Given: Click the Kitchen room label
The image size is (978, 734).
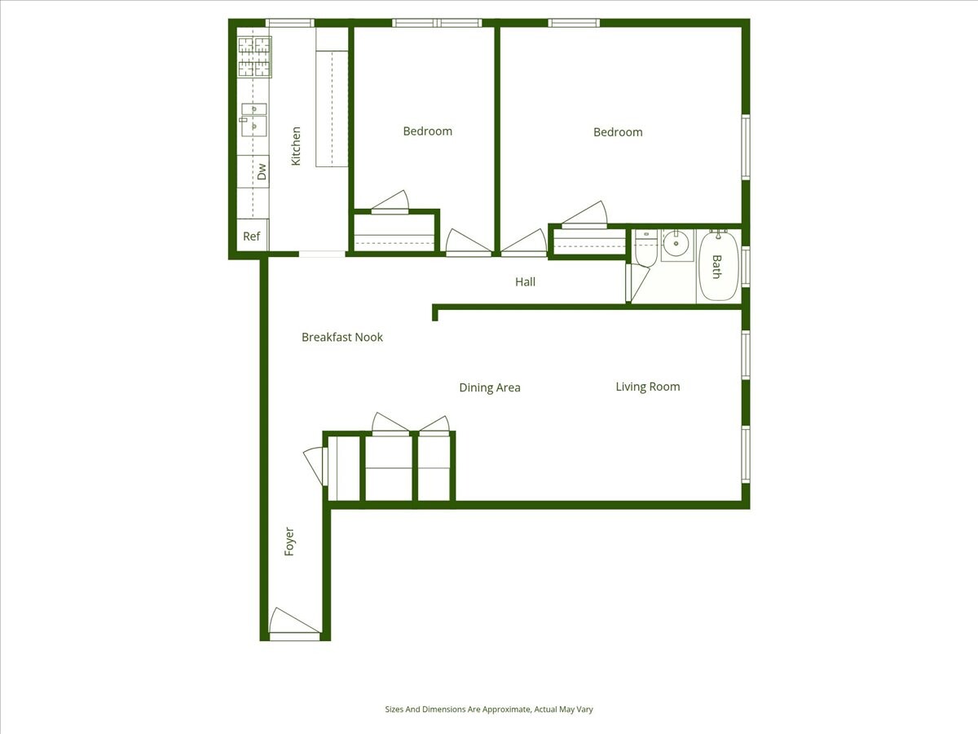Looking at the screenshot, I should pyautogui.click(x=296, y=146).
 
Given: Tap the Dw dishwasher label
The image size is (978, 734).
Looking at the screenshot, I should pyautogui.click(x=262, y=172).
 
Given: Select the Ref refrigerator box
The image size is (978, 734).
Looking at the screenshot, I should pyautogui.click(x=252, y=237).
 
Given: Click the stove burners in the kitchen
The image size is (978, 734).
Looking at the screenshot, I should pyautogui.click(x=254, y=57).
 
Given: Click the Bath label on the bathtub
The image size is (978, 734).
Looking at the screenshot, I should pyautogui.click(x=717, y=267).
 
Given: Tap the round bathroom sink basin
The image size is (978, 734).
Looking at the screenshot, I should pyautogui.click(x=676, y=243).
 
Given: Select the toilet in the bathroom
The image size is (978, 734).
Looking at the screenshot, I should pyautogui.click(x=646, y=250).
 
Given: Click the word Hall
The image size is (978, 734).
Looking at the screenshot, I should pyautogui.click(x=525, y=282).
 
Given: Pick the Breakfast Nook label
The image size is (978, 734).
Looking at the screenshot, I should pyautogui.click(x=341, y=337).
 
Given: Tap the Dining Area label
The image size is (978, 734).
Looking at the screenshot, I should pyautogui.click(x=489, y=387).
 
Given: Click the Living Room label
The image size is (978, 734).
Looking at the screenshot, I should pyautogui.click(x=647, y=387).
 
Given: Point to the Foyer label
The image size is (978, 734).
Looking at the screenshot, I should pyautogui.click(x=289, y=542).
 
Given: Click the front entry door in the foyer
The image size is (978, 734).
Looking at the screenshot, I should pyautogui.click(x=293, y=624).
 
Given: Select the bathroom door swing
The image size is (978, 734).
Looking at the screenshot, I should pyautogui.click(x=637, y=281).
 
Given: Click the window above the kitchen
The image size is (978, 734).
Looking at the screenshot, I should pyautogui.click(x=289, y=23).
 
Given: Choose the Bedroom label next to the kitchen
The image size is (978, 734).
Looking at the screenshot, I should pyautogui.click(x=427, y=131).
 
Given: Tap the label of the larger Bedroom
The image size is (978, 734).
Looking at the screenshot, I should pyautogui.click(x=617, y=132).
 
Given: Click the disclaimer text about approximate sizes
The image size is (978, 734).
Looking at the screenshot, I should pyautogui.click(x=489, y=710).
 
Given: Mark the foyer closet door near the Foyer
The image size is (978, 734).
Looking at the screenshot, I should pyautogui.click(x=314, y=466).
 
